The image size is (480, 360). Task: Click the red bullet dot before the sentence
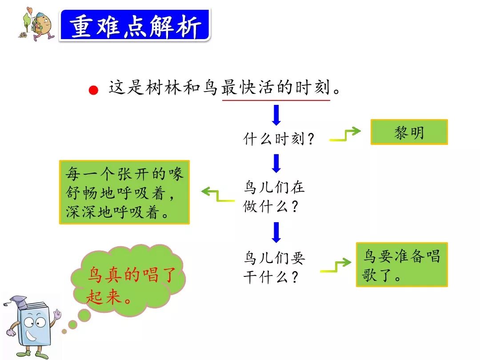(93, 91)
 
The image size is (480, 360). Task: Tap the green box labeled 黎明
(409, 132)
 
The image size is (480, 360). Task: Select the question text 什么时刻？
(279, 139)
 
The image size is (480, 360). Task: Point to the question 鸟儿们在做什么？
(274, 197)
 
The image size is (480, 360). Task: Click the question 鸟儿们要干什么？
(274, 268)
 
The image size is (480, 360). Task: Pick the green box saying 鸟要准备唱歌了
(402, 265)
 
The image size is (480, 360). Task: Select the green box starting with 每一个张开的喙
(124, 192)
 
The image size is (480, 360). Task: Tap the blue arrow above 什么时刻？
(276, 115)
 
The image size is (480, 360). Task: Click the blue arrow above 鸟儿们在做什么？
(276, 163)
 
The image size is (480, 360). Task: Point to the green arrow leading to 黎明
(345, 135)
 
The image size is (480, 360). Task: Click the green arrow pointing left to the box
(217, 195)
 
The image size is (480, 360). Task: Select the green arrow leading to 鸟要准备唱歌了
(336, 266)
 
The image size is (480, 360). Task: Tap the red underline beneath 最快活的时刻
(276, 100)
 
